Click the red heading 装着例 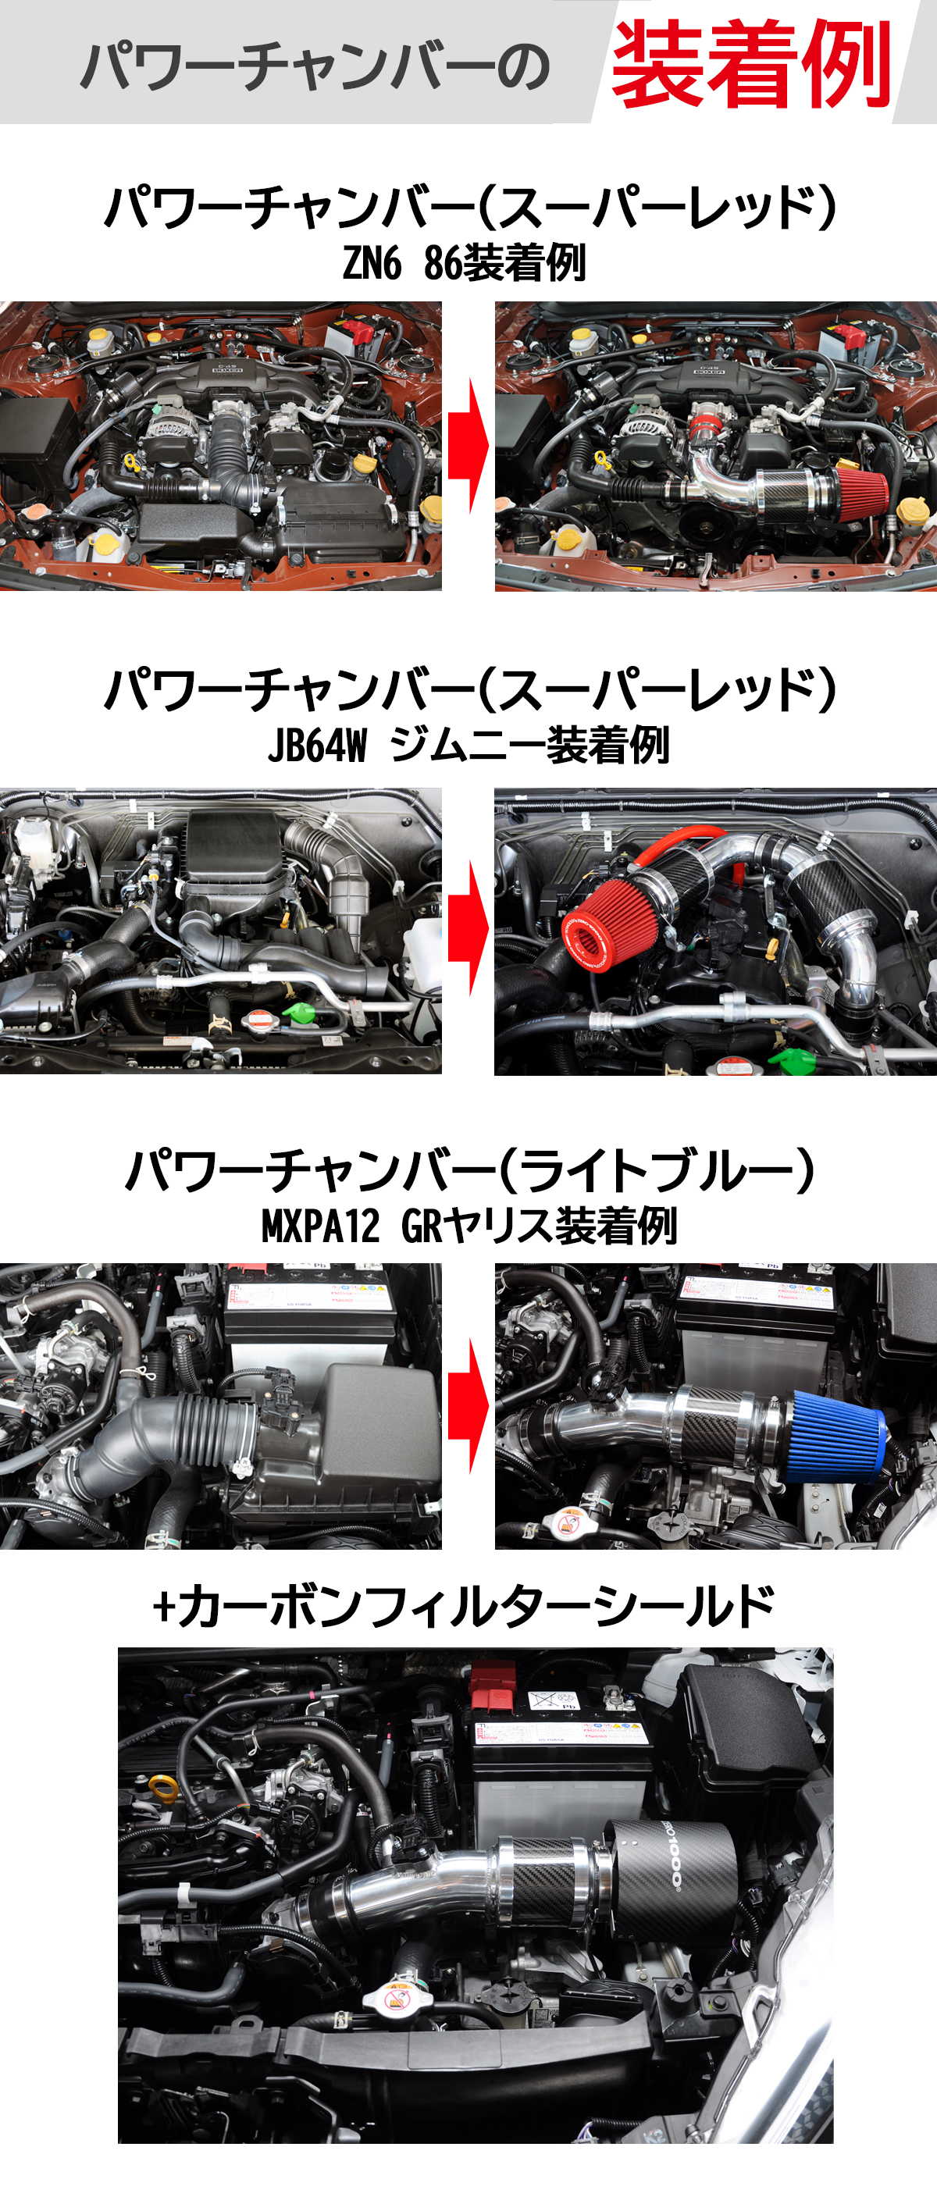[x=750, y=65]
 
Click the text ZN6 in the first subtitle [x=372, y=263]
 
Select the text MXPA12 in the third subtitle [x=320, y=1227]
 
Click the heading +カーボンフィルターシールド [x=463, y=1606]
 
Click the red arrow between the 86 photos [x=468, y=447]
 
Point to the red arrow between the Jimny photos [x=468, y=929]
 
